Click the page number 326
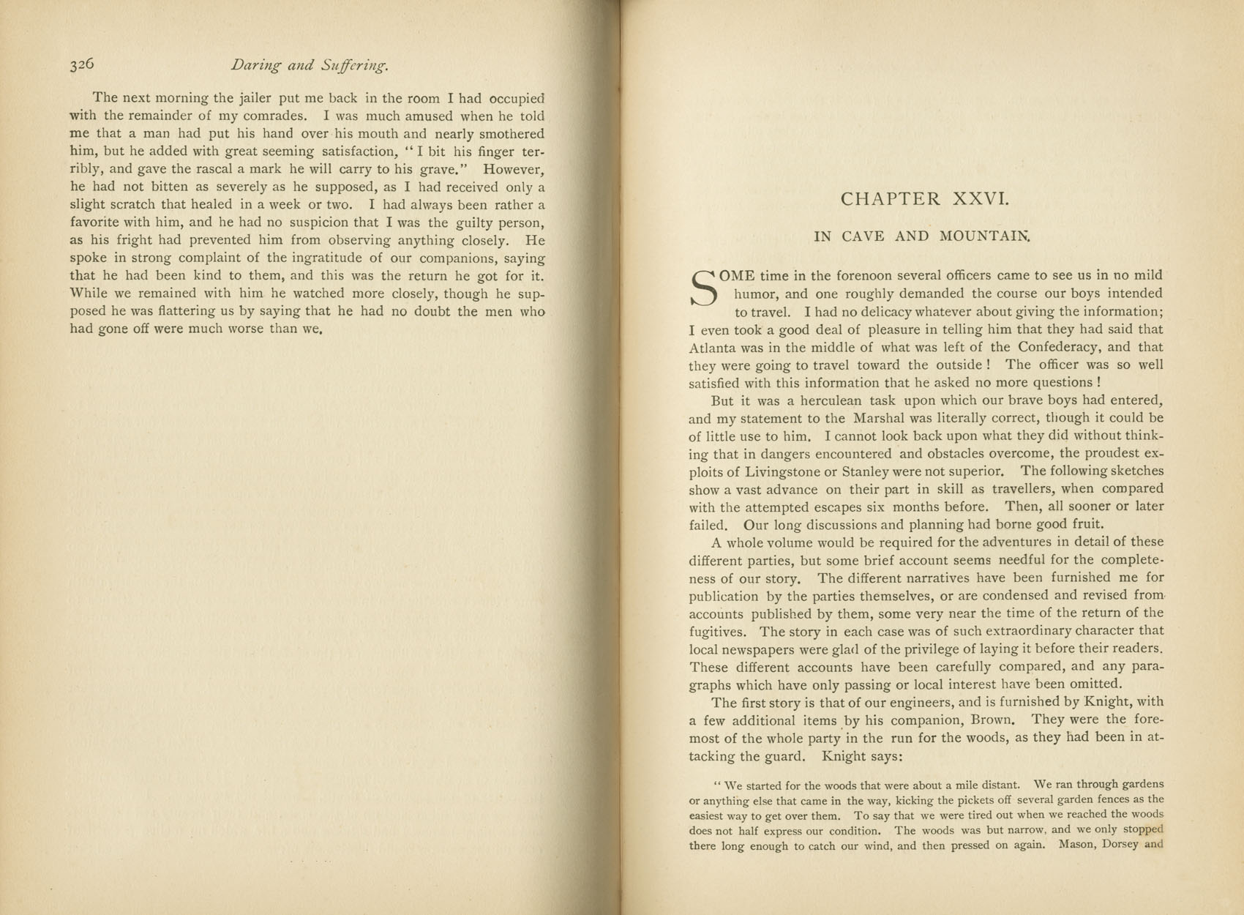(82, 64)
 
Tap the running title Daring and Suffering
(309, 65)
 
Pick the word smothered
(509, 134)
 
